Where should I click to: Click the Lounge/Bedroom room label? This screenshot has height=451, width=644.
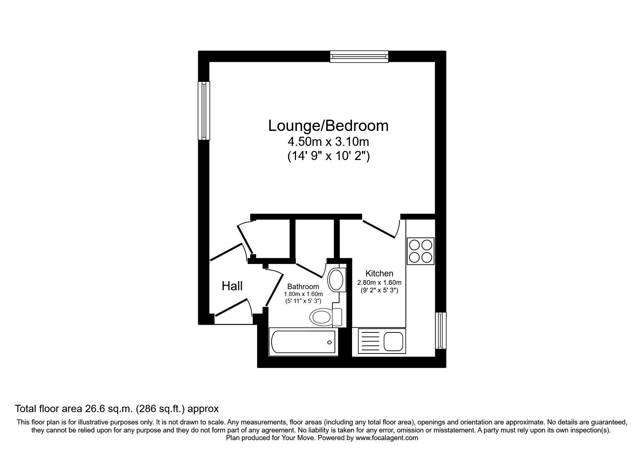tap(328, 126)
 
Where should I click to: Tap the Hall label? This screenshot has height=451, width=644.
tap(232, 286)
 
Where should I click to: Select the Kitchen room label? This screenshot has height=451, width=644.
tap(379, 274)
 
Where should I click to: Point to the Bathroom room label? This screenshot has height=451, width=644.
tap(303, 287)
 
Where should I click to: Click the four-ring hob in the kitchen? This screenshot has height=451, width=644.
tap(421, 251)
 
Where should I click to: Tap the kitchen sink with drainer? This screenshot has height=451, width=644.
tap(381, 341)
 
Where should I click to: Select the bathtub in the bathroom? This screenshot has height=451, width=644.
tap(303, 342)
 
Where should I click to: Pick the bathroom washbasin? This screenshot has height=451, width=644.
tap(336, 279)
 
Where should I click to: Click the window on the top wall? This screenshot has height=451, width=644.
tap(359, 57)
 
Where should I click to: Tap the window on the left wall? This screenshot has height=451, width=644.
tap(204, 110)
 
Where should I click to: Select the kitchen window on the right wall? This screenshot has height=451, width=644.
tap(441, 330)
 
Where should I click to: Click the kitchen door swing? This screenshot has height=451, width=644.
tap(381, 228)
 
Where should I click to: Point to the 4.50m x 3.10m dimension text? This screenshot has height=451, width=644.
tap(328, 141)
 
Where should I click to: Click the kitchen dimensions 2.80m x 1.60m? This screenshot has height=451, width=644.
tap(379, 283)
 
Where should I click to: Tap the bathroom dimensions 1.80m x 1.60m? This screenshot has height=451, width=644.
tap(303, 294)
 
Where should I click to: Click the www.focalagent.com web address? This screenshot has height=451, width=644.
tap(387, 438)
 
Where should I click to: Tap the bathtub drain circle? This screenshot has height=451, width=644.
tap(329, 342)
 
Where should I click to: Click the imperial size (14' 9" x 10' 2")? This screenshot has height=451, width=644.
tap(328, 156)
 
